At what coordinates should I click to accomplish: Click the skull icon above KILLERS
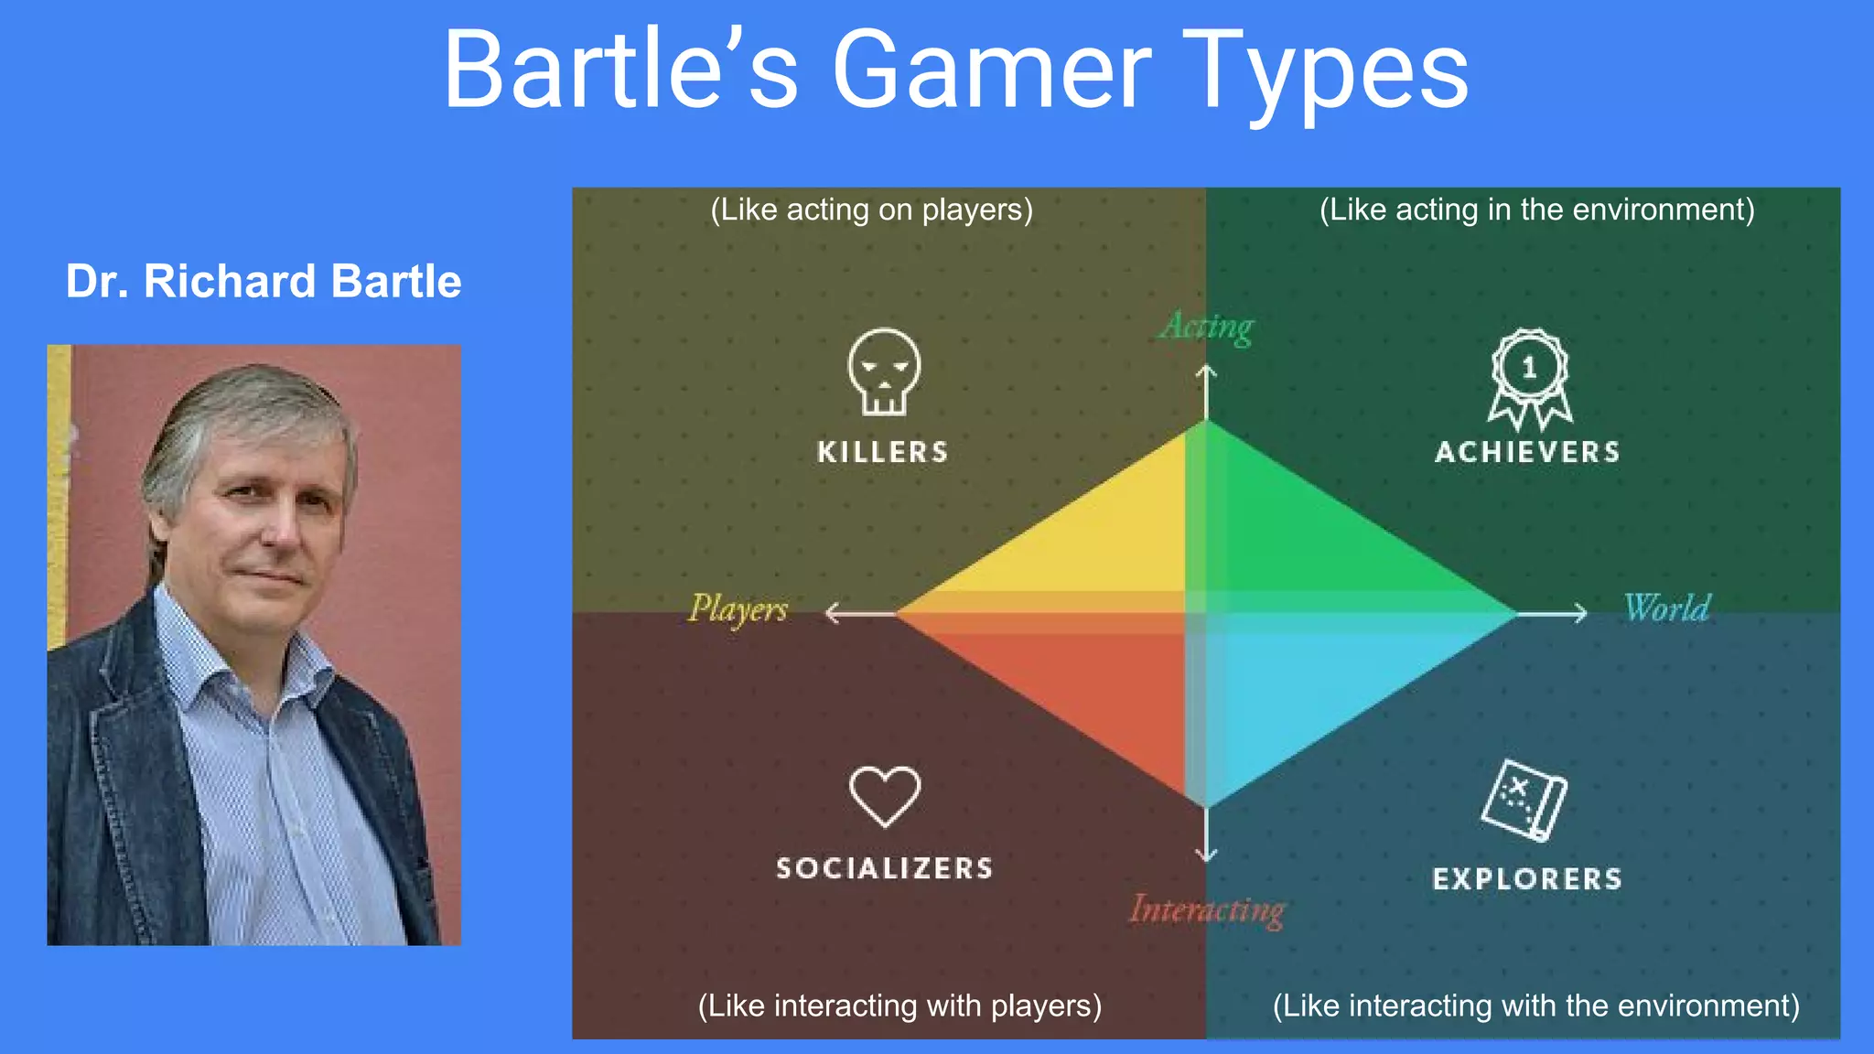pos(884,371)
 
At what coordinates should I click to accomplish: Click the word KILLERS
pos(883,452)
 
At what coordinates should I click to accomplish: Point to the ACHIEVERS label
pos(1527,452)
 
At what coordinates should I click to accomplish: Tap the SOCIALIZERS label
pos(885,868)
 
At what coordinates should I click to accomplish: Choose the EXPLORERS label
pos(1527,879)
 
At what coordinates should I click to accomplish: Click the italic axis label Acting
pos(1208,327)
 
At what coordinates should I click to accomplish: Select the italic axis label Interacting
pos(1208,909)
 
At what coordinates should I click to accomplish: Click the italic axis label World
pos(1666,608)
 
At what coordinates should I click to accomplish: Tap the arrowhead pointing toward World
pos(1581,613)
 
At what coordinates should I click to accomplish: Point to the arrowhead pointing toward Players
pos(831,613)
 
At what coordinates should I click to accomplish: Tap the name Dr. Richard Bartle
pos(264,282)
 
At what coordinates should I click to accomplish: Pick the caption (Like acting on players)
pos(872,210)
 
